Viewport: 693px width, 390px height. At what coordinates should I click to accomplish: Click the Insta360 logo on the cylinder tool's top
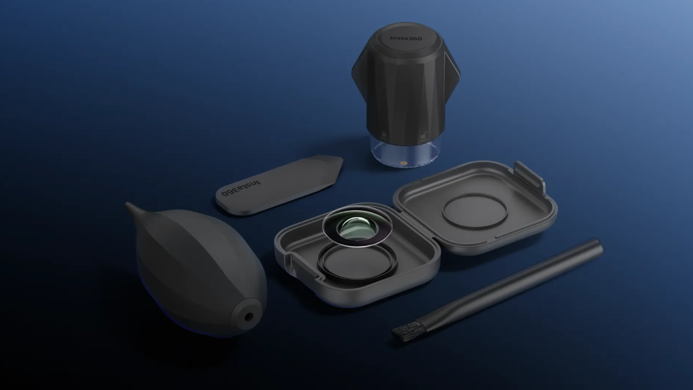(406, 38)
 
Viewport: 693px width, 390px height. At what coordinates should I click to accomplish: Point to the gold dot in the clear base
(403, 162)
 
